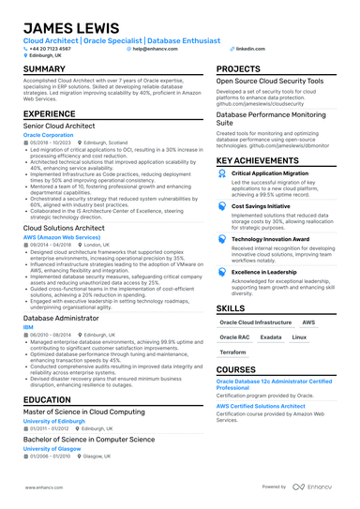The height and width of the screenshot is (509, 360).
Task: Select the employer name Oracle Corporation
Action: (48, 135)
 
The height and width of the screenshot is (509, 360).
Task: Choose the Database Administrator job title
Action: (60, 319)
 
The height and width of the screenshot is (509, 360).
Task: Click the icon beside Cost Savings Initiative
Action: (222, 206)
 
